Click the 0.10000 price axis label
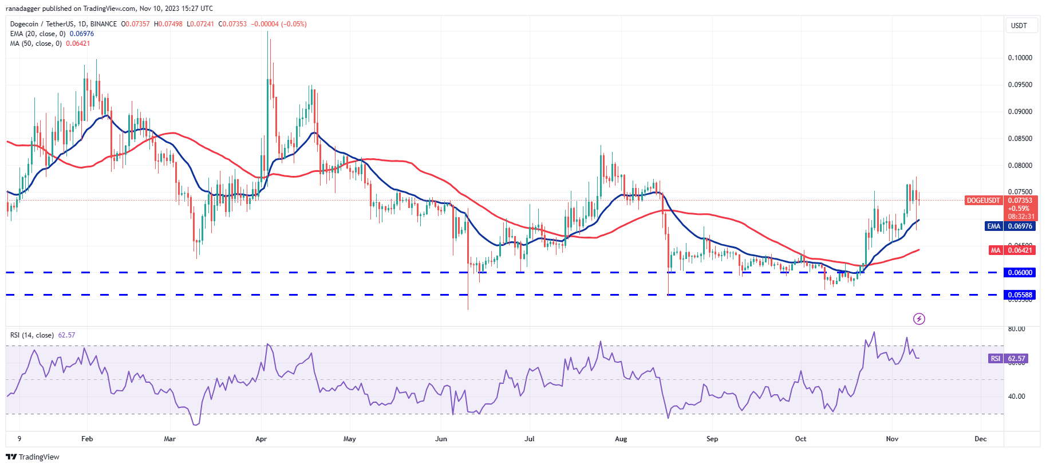[x=1020, y=58]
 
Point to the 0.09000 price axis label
[x=1020, y=112]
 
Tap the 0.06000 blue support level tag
[x=1020, y=273]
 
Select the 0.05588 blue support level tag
[x=1020, y=295]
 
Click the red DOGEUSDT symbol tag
[x=983, y=201]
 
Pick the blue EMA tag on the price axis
[x=993, y=226]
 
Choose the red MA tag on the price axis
[x=995, y=250]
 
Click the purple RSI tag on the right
[x=996, y=359]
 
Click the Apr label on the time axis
[x=261, y=439]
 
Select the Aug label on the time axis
[x=621, y=439]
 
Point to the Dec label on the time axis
[x=980, y=439]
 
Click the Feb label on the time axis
[x=87, y=439]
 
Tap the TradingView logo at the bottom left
[x=33, y=457]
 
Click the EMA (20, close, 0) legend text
[x=38, y=34]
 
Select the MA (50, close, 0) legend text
[x=36, y=44]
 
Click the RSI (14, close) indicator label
[x=32, y=335]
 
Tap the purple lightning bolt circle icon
[x=919, y=319]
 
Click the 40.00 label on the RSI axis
[x=1016, y=397]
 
